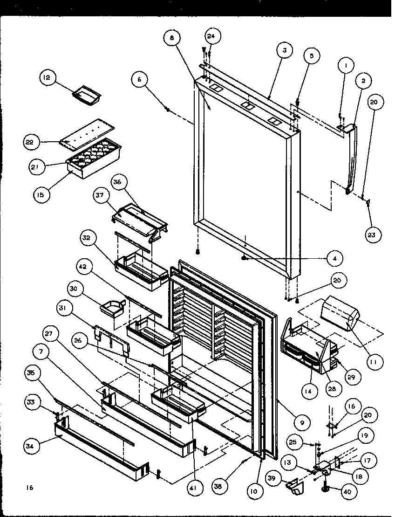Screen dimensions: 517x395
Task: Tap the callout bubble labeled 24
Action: coord(213,36)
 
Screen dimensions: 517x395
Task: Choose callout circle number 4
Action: coord(334,257)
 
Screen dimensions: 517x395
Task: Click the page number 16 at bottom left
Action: coord(30,488)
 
